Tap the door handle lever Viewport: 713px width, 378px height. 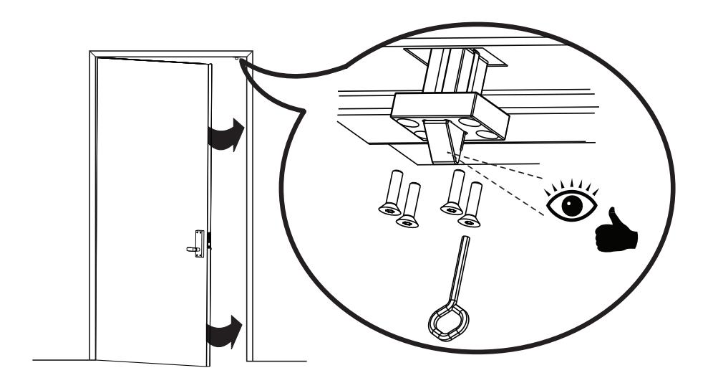192,250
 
